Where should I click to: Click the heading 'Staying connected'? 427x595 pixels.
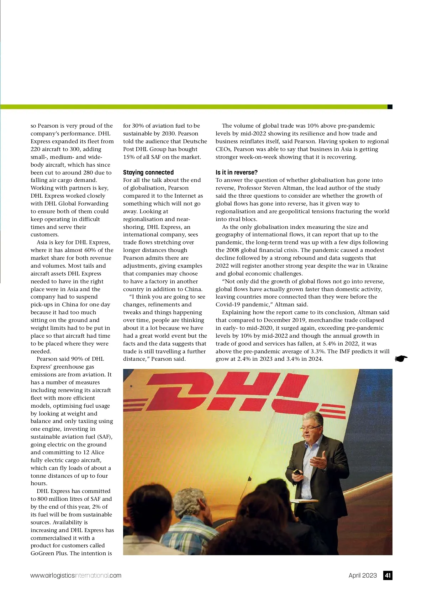pyautogui.click(x=148, y=172)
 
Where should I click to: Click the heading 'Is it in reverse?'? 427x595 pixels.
pyautogui.click(x=236, y=172)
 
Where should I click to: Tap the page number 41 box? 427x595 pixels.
pyautogui.click(x=388, y=575)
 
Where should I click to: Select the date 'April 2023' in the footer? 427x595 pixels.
pyautogui.click(x=362, y=575)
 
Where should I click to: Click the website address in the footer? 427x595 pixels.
pyautogui.click(x=76, y=575)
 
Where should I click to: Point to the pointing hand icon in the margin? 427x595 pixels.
pyautogui.click(x=401, y=359)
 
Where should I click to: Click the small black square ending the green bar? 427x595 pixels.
pyautogui.click(x=390, y=107)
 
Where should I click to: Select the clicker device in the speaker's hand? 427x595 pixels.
pyautogui.click(x=296, y=472)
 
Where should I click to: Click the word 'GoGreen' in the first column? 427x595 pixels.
pyautogui.click(x=42, y=553)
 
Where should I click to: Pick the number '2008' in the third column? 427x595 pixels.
pyautogui.click(x=232, y=250)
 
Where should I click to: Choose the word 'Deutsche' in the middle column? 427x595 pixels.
pyautogui.click(x=195, y=141)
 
